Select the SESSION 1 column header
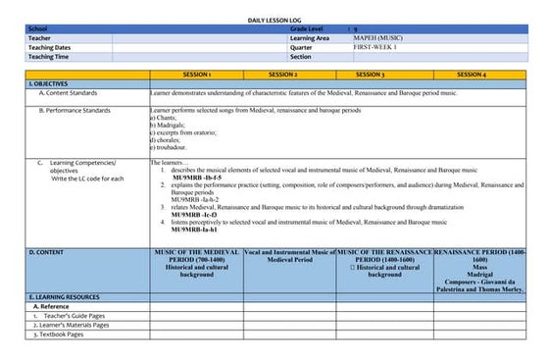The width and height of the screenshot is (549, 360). pos(196,75)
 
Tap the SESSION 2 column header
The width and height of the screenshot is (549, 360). pos(282,75)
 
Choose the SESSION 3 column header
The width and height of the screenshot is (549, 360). pos(370,75)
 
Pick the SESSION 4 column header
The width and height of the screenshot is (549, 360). pos(471,75)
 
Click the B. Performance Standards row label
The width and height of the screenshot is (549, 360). pos(75,111)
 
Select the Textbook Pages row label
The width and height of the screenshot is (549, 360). pos(61,334)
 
